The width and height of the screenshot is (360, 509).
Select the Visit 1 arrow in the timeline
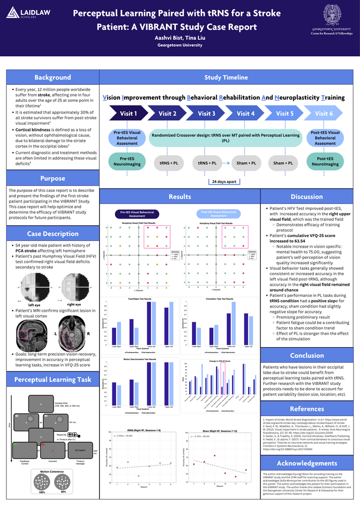point(128,113)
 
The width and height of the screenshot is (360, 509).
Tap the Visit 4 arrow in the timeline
point(245,113)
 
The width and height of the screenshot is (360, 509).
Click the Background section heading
point(52,77)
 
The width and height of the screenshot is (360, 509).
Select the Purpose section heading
point(52,179)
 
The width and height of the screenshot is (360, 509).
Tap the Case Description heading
point(52,233)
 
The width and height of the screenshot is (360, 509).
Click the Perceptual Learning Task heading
point(52,380)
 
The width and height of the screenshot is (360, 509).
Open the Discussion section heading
point(306,197)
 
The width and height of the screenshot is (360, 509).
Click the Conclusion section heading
point(306,355)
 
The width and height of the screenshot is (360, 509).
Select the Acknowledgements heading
point(306,463)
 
